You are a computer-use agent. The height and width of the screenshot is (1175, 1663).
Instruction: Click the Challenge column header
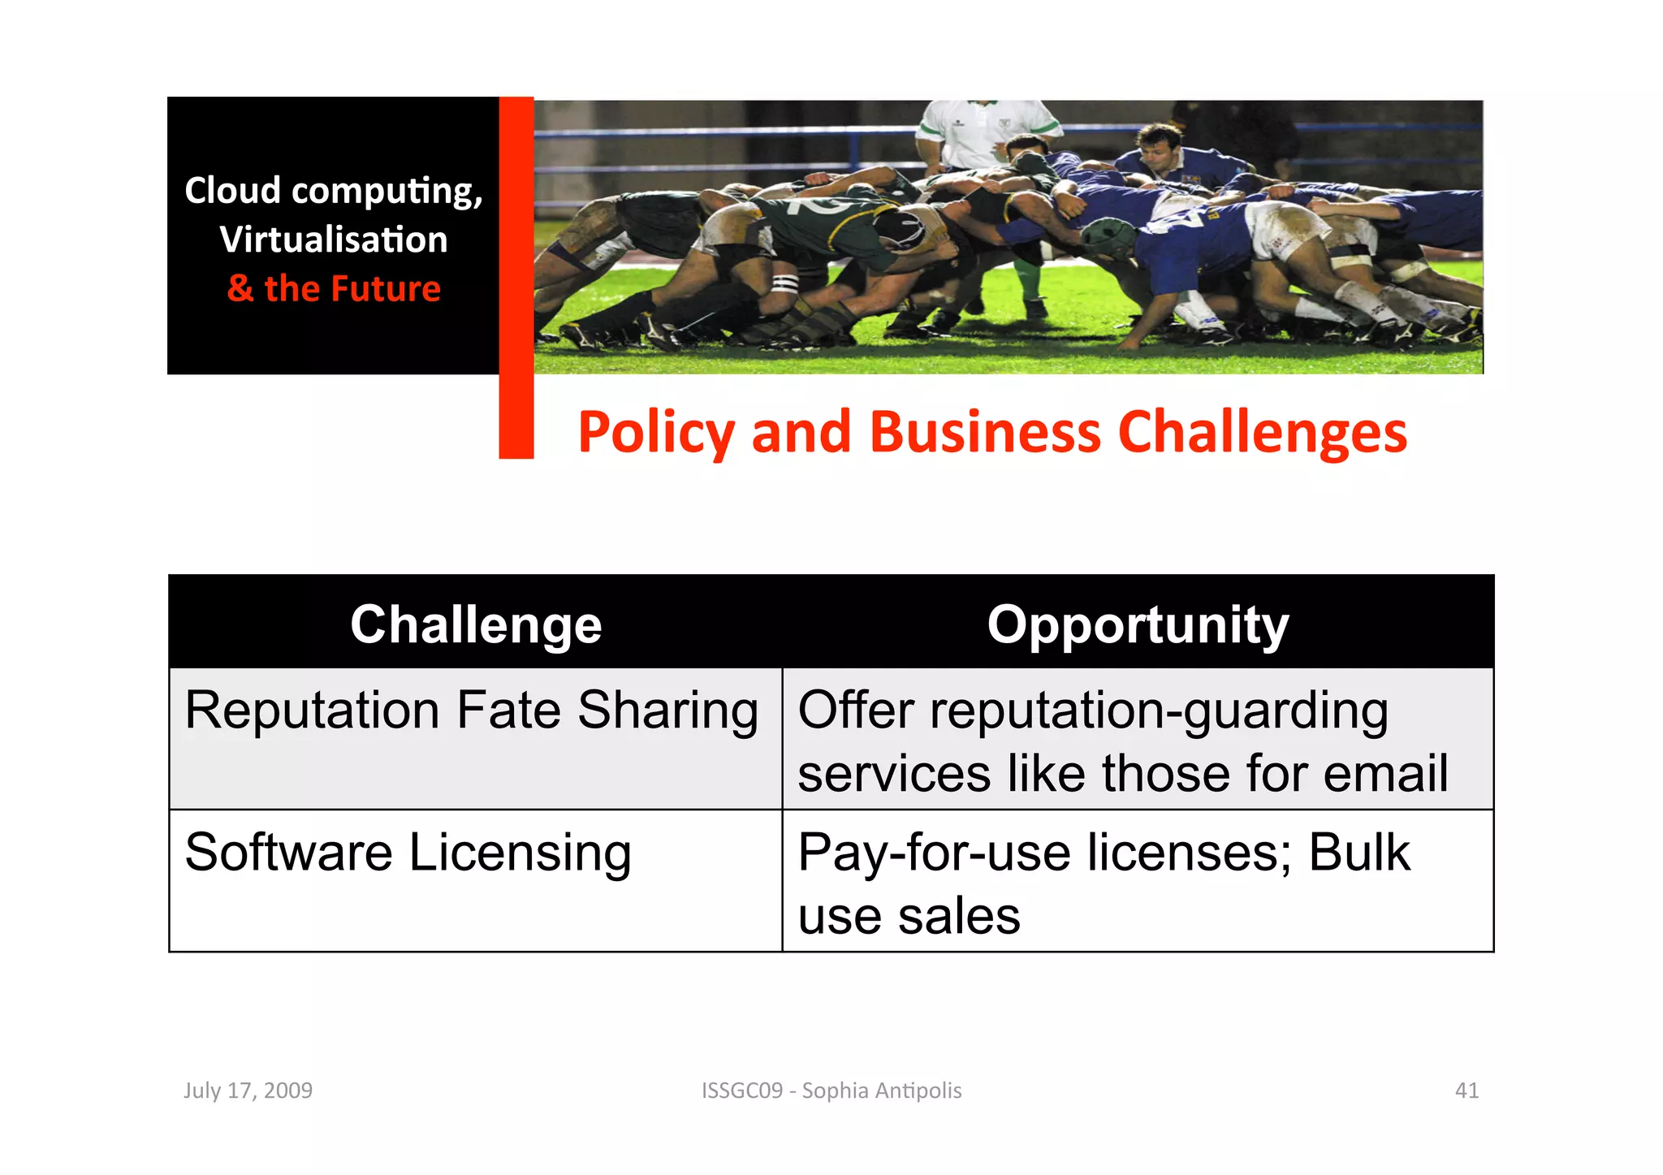476,624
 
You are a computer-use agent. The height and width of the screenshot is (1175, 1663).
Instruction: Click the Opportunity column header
1138,624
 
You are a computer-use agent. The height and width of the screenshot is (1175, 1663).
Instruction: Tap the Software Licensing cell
408,853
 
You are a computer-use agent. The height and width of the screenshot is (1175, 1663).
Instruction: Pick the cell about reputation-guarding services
1122,741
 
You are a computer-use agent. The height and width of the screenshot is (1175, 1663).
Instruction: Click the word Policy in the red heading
656,433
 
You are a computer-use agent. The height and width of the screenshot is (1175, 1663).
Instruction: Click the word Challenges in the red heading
1262,433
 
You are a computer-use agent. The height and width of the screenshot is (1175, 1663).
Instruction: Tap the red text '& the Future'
334,289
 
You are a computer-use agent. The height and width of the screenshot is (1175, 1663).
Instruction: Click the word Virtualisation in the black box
334,240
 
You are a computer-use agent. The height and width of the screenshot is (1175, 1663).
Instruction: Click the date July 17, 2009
248,1090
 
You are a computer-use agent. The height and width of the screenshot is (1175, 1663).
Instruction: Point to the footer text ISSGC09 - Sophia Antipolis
831,1090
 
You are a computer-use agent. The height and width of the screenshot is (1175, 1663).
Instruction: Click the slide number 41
1466,1090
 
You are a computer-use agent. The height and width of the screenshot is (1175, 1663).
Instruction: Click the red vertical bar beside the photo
516,276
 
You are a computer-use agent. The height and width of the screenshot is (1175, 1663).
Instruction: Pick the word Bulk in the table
1359,853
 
